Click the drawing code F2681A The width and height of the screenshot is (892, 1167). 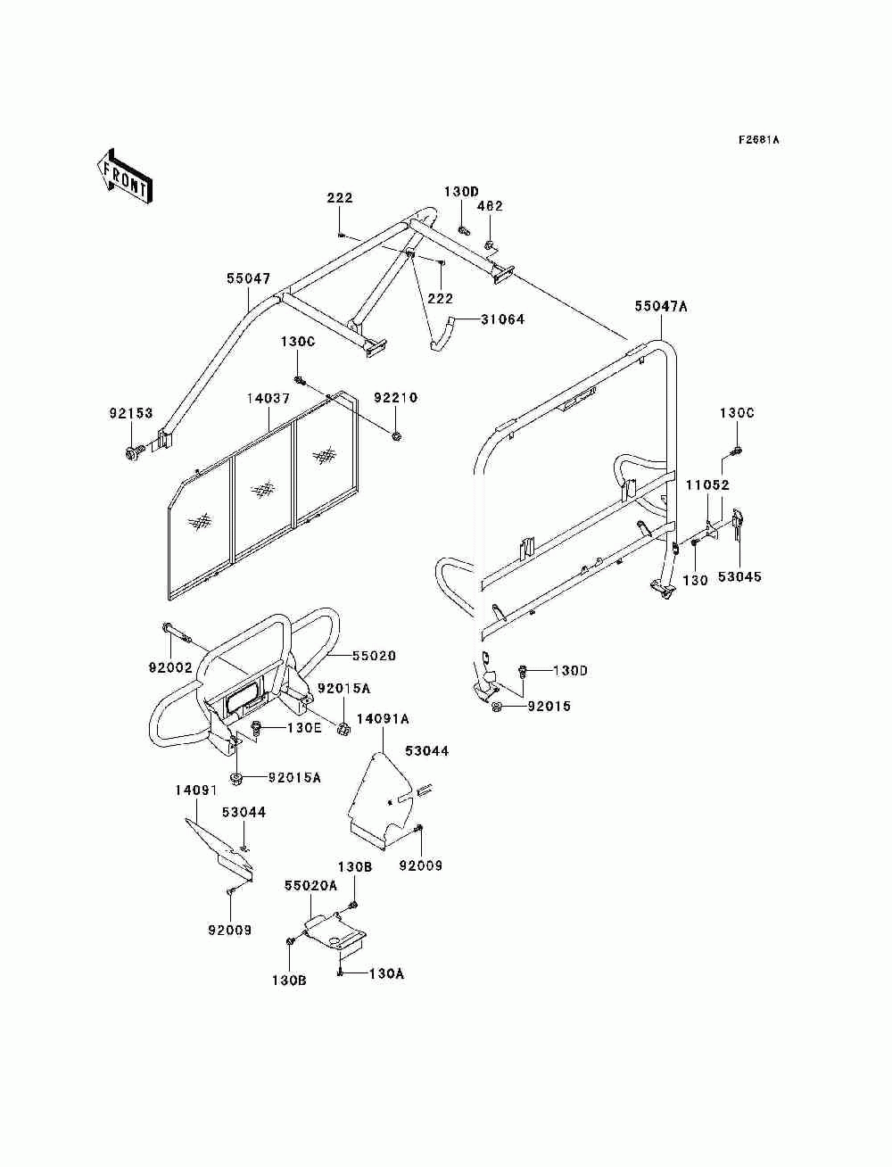pyautogui.click(x=758, y=140)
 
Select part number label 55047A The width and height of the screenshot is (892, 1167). pyautogui.click(x=662, y=306)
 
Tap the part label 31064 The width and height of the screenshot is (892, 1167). pyautogui.click(x=503, y=319)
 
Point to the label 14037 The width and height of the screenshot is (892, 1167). pyautogui.click(x=268, y=398)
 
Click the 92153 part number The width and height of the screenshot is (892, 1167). pyautogui.click(x=131, y=414)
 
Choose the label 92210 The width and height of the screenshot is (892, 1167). pyautogui.click(x=395, y=398)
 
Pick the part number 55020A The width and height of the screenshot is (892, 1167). pyautogui.click(x=310, y=885)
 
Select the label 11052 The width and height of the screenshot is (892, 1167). pyautogui.click(x=707, y=485)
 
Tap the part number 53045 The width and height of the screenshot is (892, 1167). pyautogui.click(x=739, y=577)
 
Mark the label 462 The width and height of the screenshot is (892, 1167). pyautogui.click(x=490, y=206)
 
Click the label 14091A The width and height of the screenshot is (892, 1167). pyautogui.click(x=384, y=718)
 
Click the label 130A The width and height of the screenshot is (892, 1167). pyautogui.click(x=385, y=973)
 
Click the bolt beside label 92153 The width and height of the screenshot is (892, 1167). pyautogui.click(x=135, y=452)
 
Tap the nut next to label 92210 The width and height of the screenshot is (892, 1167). pyautogui.click(x=395, y=435)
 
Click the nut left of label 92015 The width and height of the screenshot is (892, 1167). pyautogui.click(x=496, y=708)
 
